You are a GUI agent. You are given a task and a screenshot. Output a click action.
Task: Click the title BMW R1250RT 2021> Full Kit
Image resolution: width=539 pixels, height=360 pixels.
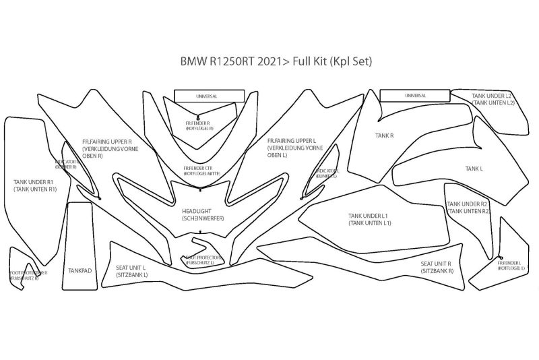(276, 61)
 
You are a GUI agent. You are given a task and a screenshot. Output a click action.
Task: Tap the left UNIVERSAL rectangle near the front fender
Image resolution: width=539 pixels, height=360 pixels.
(206, 96)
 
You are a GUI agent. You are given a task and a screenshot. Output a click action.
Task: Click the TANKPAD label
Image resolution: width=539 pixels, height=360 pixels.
(80, 270)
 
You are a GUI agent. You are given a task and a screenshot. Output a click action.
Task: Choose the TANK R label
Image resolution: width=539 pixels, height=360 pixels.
(384, 136)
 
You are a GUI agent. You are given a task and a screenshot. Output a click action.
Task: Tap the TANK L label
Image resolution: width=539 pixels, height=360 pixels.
(474, 168)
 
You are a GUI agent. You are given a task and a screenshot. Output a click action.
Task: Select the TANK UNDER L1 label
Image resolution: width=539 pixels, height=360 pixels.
(370, 219)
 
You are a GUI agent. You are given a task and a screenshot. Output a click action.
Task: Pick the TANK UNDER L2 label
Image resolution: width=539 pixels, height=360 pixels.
(493, 99)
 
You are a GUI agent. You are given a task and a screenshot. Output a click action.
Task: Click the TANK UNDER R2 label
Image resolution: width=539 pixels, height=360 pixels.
(468, 207)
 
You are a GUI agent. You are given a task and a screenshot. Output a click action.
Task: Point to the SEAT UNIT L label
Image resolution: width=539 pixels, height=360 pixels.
(131, 271)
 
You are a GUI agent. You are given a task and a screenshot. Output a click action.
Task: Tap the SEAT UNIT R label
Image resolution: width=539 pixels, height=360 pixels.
(436, 267)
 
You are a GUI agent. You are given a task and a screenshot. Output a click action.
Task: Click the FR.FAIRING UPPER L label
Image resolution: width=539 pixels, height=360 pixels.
(291, 148)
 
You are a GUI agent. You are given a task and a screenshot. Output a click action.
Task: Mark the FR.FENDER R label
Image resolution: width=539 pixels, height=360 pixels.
(199, 125)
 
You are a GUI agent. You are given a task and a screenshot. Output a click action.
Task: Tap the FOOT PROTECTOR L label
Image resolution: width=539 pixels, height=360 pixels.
(200, 261)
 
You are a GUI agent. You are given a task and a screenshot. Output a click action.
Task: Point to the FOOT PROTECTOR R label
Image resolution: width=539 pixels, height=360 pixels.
(28, 275)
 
